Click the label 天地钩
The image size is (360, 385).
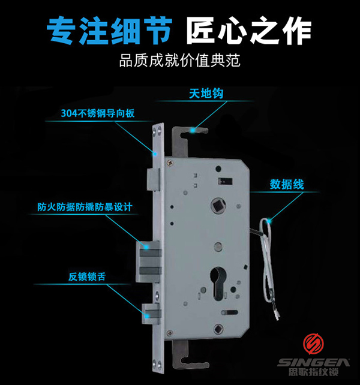point(206,94)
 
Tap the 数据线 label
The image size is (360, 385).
point(286,184)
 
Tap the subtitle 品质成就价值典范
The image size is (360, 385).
point(179,61)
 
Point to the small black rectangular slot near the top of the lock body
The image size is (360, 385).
point(229,181)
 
